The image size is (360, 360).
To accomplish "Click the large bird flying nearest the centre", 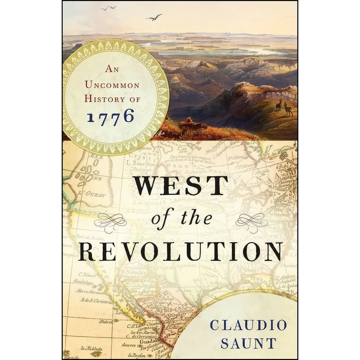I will tap(154, 17).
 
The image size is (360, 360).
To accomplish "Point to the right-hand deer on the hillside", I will tap(288, 109).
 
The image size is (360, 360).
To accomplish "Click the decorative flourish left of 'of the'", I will tap(111, 220).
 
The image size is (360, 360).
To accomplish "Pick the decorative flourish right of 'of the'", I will tap(252, 220).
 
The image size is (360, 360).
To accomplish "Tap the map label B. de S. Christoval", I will tap(96, 300).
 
